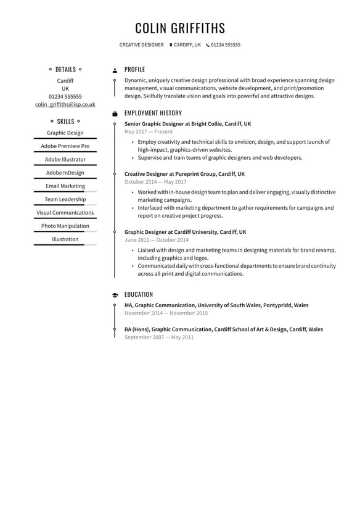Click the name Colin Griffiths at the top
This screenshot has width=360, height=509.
[x=180, y=28]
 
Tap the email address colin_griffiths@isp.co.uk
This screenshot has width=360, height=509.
[x=65, y=105]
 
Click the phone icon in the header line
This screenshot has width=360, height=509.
[x=208, y=45]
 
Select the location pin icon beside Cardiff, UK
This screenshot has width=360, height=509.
[x=171, y=45]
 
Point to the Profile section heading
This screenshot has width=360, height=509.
[x=134, y=70]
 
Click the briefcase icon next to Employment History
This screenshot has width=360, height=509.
[x=115, y=114]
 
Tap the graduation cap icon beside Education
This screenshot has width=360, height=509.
[x=115, y=296]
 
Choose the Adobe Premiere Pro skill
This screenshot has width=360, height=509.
[x=65, y=146]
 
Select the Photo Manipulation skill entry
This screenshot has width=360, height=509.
[x=65, y=226]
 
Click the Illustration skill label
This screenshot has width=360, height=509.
[x=65, y=239]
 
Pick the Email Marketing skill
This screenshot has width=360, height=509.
[x=65, y=186]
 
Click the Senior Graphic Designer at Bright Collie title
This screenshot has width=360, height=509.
[x=187, y=124]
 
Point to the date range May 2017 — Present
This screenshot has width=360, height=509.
[x=149, y=132]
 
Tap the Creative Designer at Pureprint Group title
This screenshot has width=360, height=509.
[x=184, y=174]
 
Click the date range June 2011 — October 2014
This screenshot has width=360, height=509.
[x=157, y=240]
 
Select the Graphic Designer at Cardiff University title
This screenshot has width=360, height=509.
[x=185, y=232]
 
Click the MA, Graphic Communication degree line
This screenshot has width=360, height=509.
[x=216, y=305]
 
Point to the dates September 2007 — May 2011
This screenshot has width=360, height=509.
[x=159, y=337]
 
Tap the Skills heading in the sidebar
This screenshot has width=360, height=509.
[x=65, y=122]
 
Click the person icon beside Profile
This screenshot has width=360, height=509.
[x=115, y=71]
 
